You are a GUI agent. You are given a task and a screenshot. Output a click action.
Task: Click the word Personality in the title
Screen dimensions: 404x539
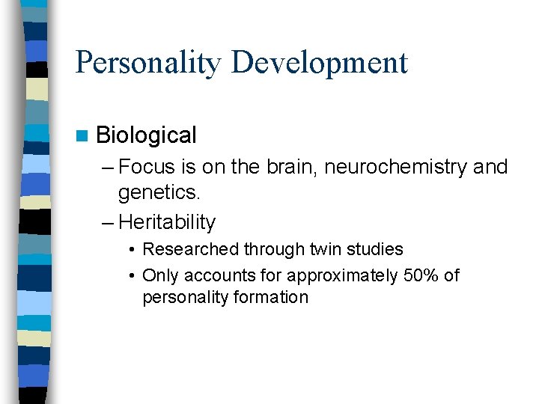[x=148, y=62]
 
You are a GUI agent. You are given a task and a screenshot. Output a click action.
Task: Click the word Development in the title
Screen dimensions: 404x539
[x=320, y=62]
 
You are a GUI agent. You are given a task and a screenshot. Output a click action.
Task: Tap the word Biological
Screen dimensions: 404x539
[x=146, y=135]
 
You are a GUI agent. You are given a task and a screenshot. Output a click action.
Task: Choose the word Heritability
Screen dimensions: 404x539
[x=167, y=222]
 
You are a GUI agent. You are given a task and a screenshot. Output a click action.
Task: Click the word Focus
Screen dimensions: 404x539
[x=145, y=167]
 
